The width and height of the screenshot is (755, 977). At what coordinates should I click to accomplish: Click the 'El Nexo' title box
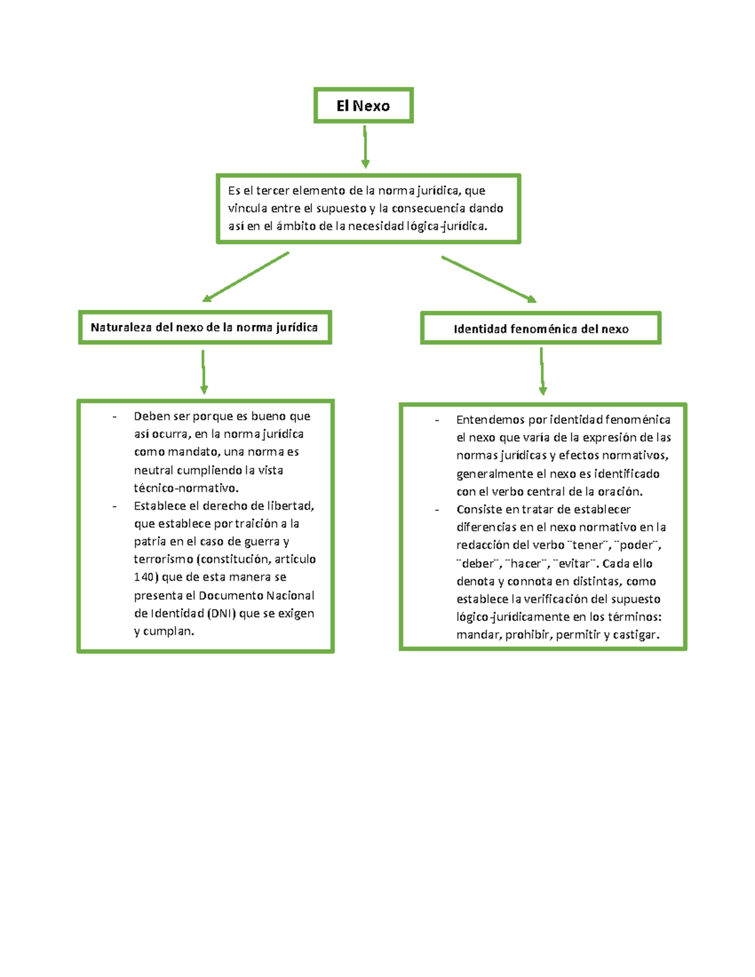click(363, 106)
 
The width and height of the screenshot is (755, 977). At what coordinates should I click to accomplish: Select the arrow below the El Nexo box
click(365, 147)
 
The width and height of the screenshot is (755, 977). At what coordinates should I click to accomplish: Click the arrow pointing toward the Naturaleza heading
click(245, 277)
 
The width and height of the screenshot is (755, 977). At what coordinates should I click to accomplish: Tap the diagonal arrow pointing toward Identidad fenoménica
click(489, 279)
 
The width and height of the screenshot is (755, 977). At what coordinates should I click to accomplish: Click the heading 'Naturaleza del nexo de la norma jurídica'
click(204, 327)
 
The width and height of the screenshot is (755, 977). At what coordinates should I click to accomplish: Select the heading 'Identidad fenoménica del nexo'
click(540, 328)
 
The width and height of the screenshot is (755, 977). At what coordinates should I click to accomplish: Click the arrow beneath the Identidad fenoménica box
click(542, 372)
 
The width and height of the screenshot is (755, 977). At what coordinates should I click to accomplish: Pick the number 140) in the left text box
click(146, 577)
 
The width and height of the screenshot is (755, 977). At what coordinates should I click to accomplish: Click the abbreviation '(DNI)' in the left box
click(221, 613)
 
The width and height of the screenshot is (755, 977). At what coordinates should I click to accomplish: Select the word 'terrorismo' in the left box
click(164, 559)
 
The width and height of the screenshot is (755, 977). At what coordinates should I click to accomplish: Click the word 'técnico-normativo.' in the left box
click(186, 488)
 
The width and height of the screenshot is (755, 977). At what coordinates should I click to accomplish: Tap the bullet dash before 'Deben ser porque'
click(115, 416)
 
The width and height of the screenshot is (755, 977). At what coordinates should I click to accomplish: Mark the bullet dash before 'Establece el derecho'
click(115, 506)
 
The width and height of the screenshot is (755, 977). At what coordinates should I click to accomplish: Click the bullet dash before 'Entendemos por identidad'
click(437, 420)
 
